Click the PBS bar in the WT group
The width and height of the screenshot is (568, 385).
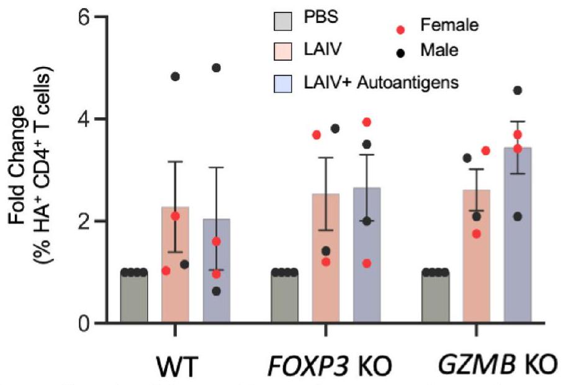pyautogui.click(x=134, y=297)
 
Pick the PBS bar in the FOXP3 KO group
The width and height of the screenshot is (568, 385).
pyautogui.click(x=284, y=297)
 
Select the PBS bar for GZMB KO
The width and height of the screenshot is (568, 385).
pyautogui.click(x=435, y=297)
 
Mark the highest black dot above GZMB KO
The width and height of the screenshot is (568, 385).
pyautogui.click(x=517, y=91)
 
